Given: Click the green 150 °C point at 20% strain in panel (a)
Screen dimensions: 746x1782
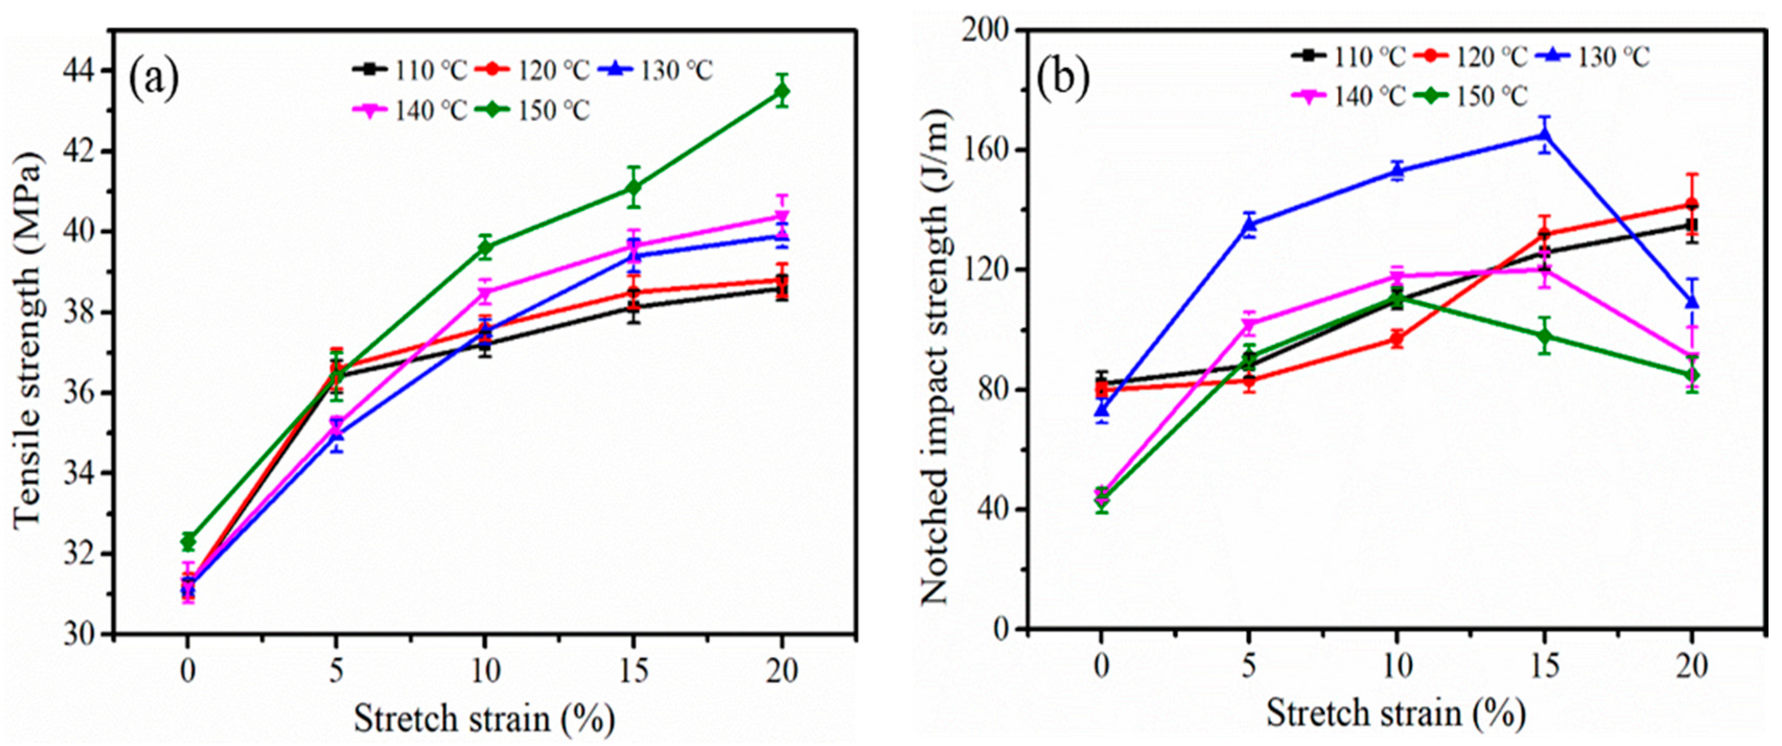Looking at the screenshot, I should pyautogui.click(x=782, y=91).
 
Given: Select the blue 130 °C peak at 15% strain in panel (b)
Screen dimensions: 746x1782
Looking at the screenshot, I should pyautogui.click(x=1543, y=134).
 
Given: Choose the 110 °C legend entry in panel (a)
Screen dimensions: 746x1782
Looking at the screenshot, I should pyautogui.click(x=410, y=70).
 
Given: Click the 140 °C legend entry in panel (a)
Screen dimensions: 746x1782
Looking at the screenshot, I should pyautogui.click(x=410, y=110).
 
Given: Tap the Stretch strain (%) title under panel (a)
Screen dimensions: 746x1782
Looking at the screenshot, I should pyautogui.click(x=484, y=718).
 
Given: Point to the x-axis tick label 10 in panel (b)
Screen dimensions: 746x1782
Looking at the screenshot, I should pyautogui.click(x=1396, y=667).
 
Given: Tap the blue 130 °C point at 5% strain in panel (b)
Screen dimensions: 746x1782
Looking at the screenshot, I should pyautogui.click(x=1249, y=224).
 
